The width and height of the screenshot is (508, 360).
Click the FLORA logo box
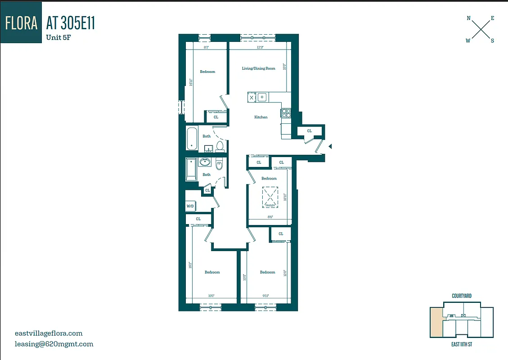(21, 23)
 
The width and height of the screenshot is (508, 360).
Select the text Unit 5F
(58, 37)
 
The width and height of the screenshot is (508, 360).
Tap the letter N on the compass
(468, 18)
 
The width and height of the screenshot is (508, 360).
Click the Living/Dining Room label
(258, 68)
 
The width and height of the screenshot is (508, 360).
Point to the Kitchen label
(261, 117)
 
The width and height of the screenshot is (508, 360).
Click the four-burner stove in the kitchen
(285, 113)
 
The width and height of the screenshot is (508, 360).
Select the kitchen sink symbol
(262, 97)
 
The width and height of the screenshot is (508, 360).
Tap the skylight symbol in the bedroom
(270, 197)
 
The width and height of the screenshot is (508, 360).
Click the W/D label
(190, 206)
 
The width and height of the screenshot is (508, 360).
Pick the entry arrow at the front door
(330, 146)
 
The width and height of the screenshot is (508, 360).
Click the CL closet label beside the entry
(310, 131)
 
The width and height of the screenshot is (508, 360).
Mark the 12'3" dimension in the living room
(260, 47)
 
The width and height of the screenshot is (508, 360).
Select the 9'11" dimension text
(265, 295)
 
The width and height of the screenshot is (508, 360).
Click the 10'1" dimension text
(211, 295)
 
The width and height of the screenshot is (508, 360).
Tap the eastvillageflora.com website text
(49, 333)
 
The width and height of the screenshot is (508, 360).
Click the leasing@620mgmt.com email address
(54, 344)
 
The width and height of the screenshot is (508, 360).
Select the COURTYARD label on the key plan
(462, 296)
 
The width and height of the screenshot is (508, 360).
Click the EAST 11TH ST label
(462, 344)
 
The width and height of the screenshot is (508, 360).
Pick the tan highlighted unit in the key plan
(436, 323)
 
